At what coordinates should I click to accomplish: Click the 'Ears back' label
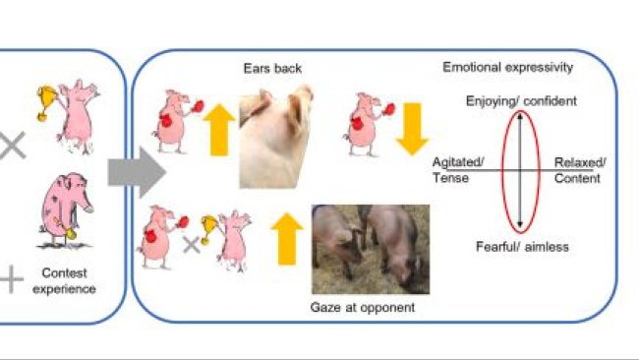coord(272,68)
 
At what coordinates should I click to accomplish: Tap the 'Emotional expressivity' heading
coord(508,67)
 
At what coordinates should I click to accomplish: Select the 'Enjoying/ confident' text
coord(521,100)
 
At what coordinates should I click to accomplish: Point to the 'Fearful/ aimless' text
coord(522,246)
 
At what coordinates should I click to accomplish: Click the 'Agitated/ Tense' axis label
coord(458,170)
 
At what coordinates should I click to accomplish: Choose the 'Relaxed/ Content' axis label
coord(579,170)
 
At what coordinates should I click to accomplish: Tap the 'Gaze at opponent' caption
coord(363,307)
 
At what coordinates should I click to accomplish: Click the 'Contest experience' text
coord(64,281)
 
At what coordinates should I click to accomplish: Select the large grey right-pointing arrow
coord(137,172)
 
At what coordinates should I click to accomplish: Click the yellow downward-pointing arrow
coord(412,129)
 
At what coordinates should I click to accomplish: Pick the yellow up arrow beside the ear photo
coord(219,130)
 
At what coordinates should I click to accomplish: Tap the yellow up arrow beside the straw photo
coord(287,239)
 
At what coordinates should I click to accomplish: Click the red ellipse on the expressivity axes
coord(502,171)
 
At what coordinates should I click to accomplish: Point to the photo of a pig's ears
coord(276,137)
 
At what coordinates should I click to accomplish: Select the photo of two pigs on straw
coord(371,249)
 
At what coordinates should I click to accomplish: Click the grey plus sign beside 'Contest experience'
coord(11,279)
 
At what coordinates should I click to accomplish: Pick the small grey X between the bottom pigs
coord(191,245)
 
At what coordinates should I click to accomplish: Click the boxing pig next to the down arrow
coord(366,124)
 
